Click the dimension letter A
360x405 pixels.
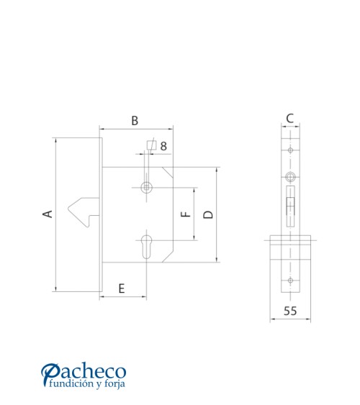coord(48,214)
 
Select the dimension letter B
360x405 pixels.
coord(135,121)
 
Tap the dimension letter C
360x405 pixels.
coord(290,119)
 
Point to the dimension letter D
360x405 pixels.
coord(208,214)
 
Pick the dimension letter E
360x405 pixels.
coord(122,288)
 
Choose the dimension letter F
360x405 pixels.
coord(186,214)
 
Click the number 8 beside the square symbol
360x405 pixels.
coord(163,146)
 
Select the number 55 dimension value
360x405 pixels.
coord(290,311)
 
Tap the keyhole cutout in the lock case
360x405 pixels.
coord(146,247)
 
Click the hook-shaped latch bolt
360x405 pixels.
coord(84,211)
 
